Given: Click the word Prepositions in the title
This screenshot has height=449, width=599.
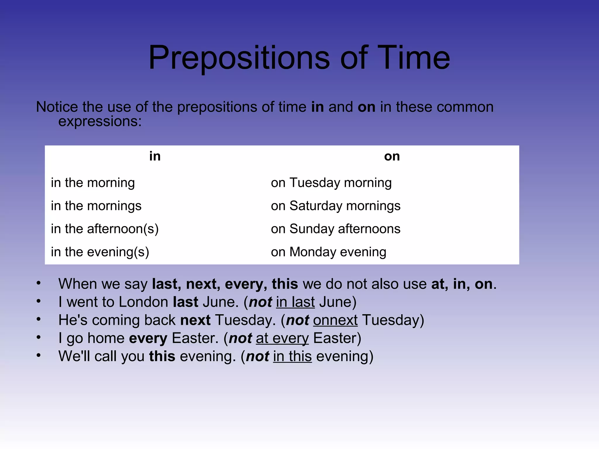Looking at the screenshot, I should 239,58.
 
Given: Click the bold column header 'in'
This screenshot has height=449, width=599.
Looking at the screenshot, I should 155,156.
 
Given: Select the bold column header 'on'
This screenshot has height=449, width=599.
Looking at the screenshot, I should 392,156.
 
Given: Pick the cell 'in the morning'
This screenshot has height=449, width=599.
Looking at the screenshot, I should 93,183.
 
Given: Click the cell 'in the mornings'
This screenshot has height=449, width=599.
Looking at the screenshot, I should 96,206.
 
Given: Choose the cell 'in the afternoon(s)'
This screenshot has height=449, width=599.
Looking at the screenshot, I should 104,229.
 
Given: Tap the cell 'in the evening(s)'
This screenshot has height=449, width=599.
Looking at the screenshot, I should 100,252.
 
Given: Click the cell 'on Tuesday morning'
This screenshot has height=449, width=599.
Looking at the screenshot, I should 331,183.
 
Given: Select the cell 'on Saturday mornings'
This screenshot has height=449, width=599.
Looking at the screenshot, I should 335,206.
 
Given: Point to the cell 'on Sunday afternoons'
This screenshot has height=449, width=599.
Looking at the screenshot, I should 335,229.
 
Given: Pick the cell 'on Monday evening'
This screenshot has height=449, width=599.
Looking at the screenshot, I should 328,252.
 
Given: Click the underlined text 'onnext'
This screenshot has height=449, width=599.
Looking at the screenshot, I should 335,320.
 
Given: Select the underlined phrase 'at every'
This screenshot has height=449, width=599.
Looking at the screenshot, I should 282,339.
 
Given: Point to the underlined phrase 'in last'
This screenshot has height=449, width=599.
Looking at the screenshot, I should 295,302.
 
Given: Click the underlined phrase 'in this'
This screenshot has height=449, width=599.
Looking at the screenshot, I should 292,356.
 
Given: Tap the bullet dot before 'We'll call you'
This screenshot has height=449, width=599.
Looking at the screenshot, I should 38,355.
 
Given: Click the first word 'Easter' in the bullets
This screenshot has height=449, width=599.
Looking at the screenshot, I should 195,338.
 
